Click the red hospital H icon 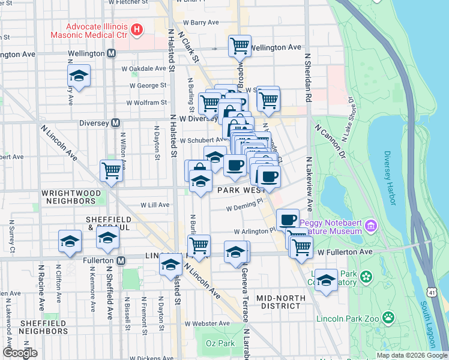click(x=137, y=28)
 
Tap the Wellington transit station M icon click(x=111, y=53)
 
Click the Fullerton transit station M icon click(x=121, y=260)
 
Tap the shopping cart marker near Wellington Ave click(x=240, y=45)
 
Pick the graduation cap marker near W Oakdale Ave click(x=78, y=76)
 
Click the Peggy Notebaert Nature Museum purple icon click(x=371, y=226)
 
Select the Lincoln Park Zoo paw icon click(x=389, y=316)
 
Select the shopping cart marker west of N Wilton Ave click(x=111, y=171)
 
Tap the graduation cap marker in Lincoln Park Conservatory click(x=326, y=280)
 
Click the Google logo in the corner click(x=20, y=352)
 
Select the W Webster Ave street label click(x=207, y=323)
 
